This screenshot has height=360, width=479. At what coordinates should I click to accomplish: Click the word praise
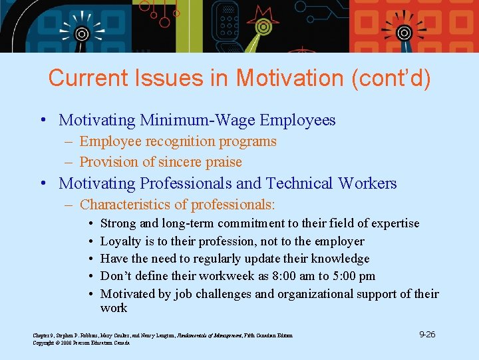[224, 162]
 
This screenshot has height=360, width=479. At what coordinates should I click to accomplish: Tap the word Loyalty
[120, 241]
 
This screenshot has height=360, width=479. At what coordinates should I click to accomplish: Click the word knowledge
[337, 259]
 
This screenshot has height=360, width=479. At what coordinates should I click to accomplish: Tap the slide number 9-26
[427, 334]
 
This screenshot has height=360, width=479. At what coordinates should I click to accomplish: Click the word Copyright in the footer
[43, 343]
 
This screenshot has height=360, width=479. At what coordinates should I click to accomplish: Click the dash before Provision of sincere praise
[69, 162]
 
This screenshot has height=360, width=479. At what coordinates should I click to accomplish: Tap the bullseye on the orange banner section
[404, 33]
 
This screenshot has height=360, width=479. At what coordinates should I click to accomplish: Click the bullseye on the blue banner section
[81, 33]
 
